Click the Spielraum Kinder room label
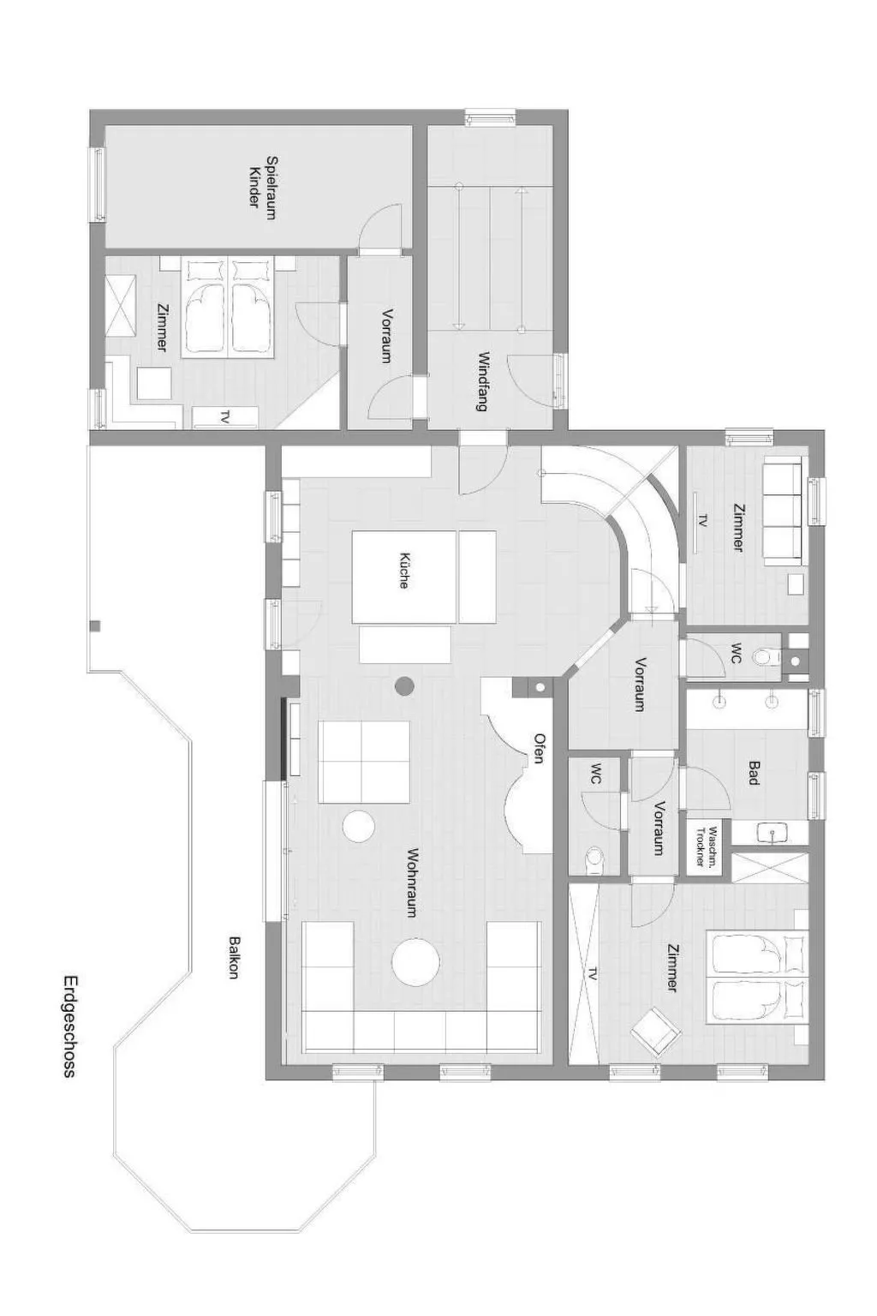pyautogui.click(x=263, y=187)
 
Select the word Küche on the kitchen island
pyautogui.click(x=404, y=570)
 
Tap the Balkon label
pyautogui.click(x=234, y=957)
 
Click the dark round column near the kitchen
pyautogui.click(x=405, y=685)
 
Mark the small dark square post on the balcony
pyautogui.click(x=94, y=625)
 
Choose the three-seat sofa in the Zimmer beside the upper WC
pyautogui.click(x=783, y=511)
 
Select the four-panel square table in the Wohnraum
pyautogui.click(x=364, y=761)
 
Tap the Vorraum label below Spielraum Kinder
pyautogui.click(x=386, y=336)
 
